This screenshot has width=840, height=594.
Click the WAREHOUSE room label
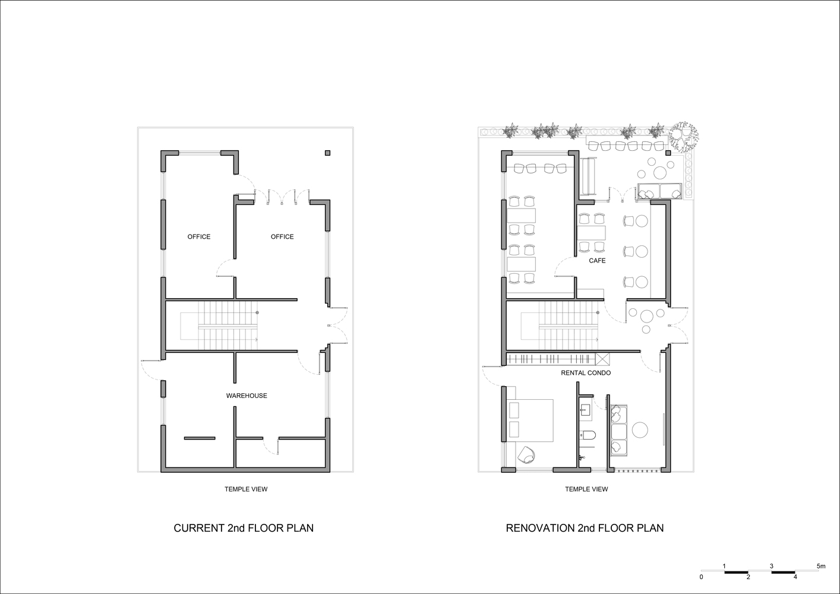pos(247,396)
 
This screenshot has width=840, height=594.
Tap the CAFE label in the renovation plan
pos(597,261)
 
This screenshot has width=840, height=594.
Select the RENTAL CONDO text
pos(586,373)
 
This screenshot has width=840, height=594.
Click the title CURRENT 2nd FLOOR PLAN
pos(244,528)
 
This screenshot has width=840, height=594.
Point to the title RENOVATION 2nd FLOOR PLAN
pos(585,528)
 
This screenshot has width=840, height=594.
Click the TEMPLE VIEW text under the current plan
pos(246,489)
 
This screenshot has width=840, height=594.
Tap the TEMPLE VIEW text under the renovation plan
pos(586,489)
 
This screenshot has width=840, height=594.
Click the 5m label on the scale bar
pos(821,566)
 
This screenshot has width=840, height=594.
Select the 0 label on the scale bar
pos(701,577)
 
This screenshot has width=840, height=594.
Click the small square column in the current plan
pos(327,153)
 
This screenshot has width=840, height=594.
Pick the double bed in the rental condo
pos(530,420)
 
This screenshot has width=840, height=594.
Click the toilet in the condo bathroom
pos(588,435)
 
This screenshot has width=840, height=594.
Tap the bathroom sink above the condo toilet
pos(585,409)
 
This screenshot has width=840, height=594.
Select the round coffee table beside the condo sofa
pos(640,429)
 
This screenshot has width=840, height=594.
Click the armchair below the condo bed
pos(526,455)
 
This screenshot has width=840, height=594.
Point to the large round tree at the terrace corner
pos(684,136)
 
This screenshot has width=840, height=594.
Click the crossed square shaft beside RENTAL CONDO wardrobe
pos(602,359)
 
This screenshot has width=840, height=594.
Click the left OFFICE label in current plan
pos(199,236)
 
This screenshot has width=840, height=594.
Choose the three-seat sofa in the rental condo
pos(619,430)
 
